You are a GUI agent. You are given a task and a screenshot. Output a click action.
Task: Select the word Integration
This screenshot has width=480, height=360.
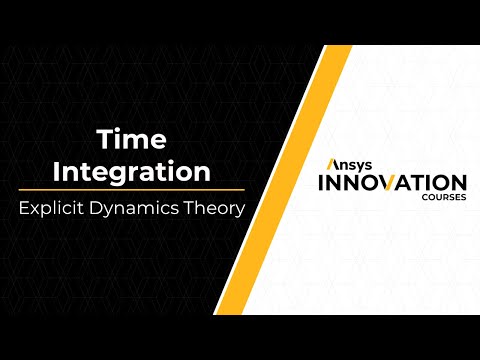tap(131, 171)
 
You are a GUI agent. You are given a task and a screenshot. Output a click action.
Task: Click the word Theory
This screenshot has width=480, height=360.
tap(213, 210)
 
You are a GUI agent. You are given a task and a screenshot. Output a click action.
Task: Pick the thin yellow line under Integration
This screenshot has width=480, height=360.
tap(132, 189)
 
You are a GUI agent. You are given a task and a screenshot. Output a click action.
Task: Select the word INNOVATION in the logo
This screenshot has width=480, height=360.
tap(392, 183)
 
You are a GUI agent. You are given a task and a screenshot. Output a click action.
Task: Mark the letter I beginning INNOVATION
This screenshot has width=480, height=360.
tap(321, 183)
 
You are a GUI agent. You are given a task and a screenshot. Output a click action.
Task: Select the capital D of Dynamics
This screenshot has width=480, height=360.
tap(107, 210)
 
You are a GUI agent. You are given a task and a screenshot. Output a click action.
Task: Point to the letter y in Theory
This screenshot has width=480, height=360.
tap(240, 212)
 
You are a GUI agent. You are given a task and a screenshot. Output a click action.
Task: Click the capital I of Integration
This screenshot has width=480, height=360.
tap(57, 171)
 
